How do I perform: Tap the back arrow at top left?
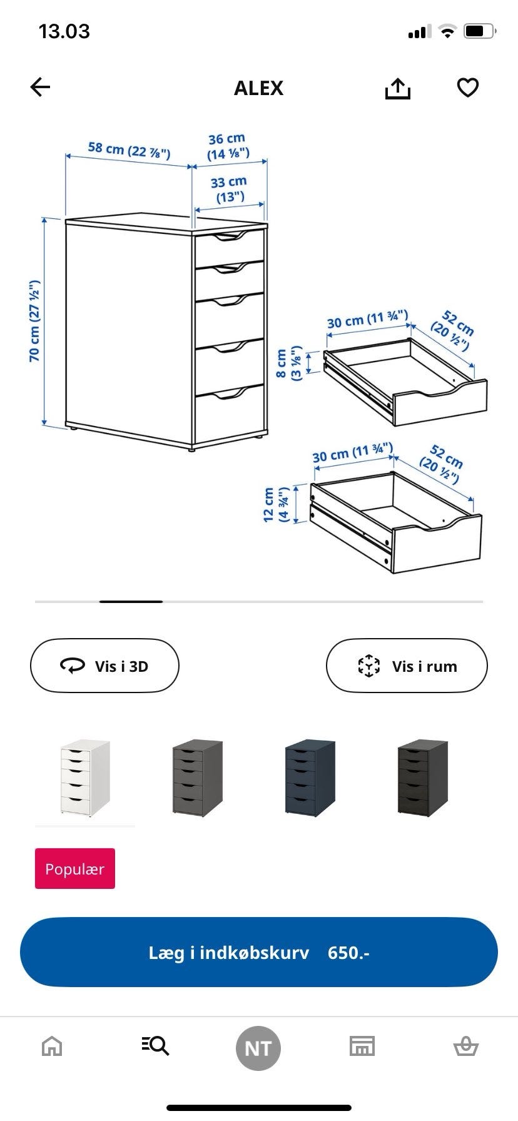click(x=40, y=88)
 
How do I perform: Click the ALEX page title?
click(x=258, y=88)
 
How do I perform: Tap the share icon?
click(x=397, y=89)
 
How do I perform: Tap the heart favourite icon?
click(x=468, y=88)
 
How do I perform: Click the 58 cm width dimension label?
click(x=129, y=150)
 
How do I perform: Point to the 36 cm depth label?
click(x=228, y=146)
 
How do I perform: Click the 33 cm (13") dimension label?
click(x=229, y=190)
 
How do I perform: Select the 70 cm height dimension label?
click(x=34, y=322)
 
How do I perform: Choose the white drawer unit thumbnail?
click(x=85, y=778)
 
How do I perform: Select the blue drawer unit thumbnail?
click(x=310, y=778)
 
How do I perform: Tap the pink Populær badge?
click(x=75, y=868)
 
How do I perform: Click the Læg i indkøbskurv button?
click(x=259, y=952)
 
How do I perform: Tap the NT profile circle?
click(x=258, y=1048)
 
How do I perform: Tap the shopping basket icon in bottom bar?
click(x=465, y=1046)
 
